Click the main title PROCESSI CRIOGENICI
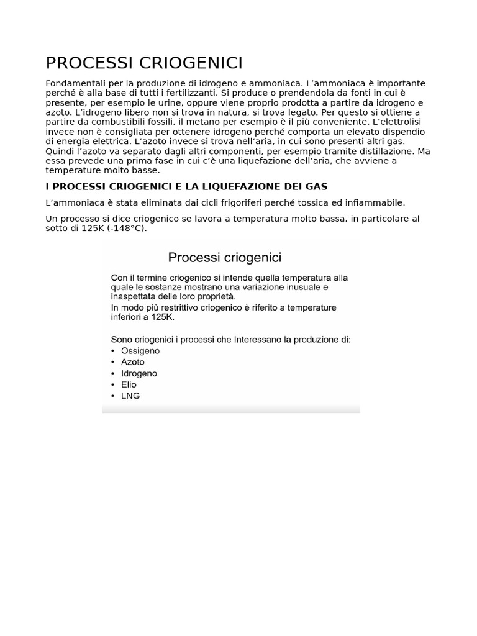click(144, 63)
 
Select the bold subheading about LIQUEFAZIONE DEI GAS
click(186, 186)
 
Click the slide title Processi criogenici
click(225, 257)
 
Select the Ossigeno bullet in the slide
click(140, 351)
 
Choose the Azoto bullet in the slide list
click(133, 362)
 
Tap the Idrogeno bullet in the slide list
click(139, 374)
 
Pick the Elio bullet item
click(129, 385)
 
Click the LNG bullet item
click(130, 396)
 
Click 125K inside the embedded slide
click(163, 317)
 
